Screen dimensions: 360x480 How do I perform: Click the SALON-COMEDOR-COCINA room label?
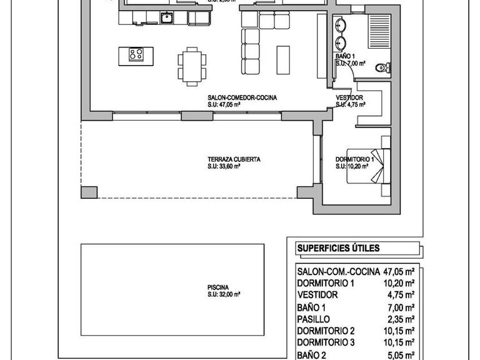(x=242, y=98)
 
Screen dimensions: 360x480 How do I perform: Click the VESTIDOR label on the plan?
(x=349, y=98)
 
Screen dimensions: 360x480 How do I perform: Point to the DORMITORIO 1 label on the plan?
(x=354, y=159)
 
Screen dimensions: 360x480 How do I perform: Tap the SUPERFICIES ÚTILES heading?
(x=337, y=248)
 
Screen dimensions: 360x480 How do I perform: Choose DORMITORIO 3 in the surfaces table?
(x=326, y=342)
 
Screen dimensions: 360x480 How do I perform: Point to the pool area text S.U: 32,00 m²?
(x=224, y=294)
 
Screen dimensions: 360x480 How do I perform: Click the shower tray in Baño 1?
(x=379, y=30)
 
